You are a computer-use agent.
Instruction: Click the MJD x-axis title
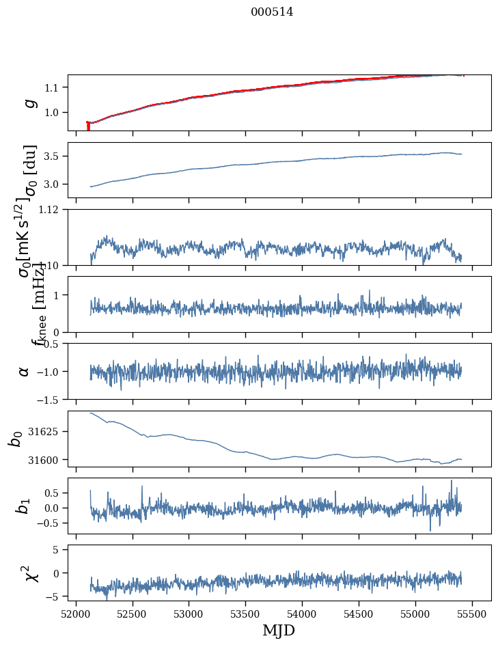click(x=279, y=631)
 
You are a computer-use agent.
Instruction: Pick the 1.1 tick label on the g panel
click(x=55, y=87)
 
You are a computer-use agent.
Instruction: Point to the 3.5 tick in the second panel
click(x=55, y=156)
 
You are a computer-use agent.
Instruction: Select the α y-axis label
click(x=25, y=371)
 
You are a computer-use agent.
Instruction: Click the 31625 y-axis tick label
click(x=47, y=432)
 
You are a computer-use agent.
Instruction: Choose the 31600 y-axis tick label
click(x=47, y=460)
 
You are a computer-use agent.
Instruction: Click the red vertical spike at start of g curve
click(x=88, y=126)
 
